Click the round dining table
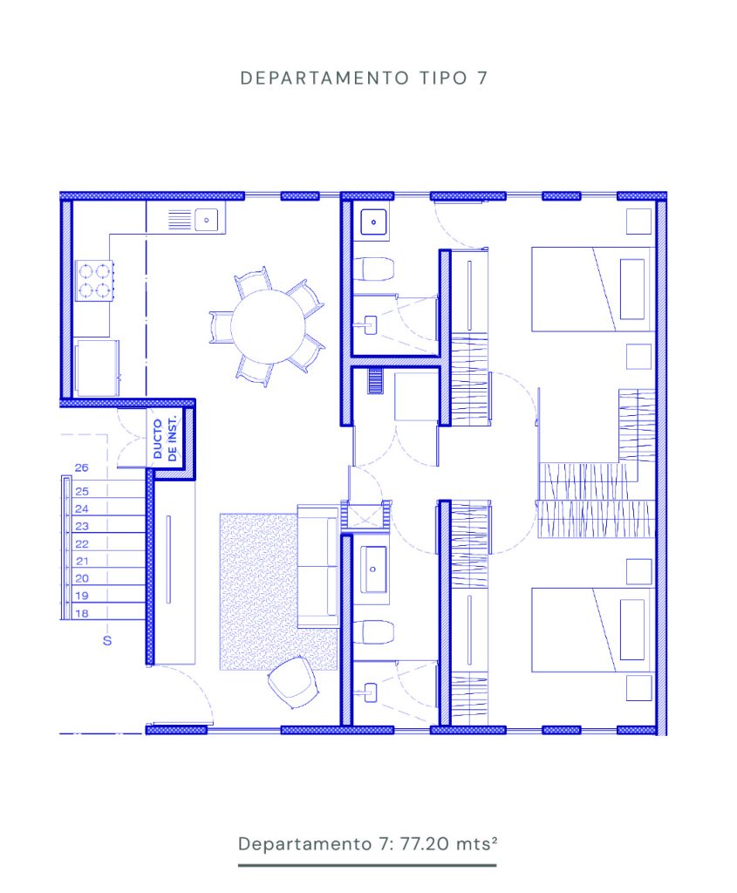[x=268, y=326]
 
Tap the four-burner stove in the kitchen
[x=94, y=281]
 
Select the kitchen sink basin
[x=206, y=220]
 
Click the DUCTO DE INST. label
[x=165, y=438]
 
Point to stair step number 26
[x=81, y=467]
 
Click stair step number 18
[x=81, y=613]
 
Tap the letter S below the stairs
[x=107, y=641]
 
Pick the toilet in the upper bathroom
[x=373, y=269]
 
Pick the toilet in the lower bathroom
[x=373, y=632]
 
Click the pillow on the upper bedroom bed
[x=632, y=289]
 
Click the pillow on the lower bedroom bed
[x=632, y=630]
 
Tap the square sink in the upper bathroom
[x=373, y=222]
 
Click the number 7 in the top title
[x=482, y=78]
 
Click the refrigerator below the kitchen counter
[x=97, y=368]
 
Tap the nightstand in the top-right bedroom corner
[x=638, y=222]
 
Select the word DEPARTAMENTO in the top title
[x=324, y=78]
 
